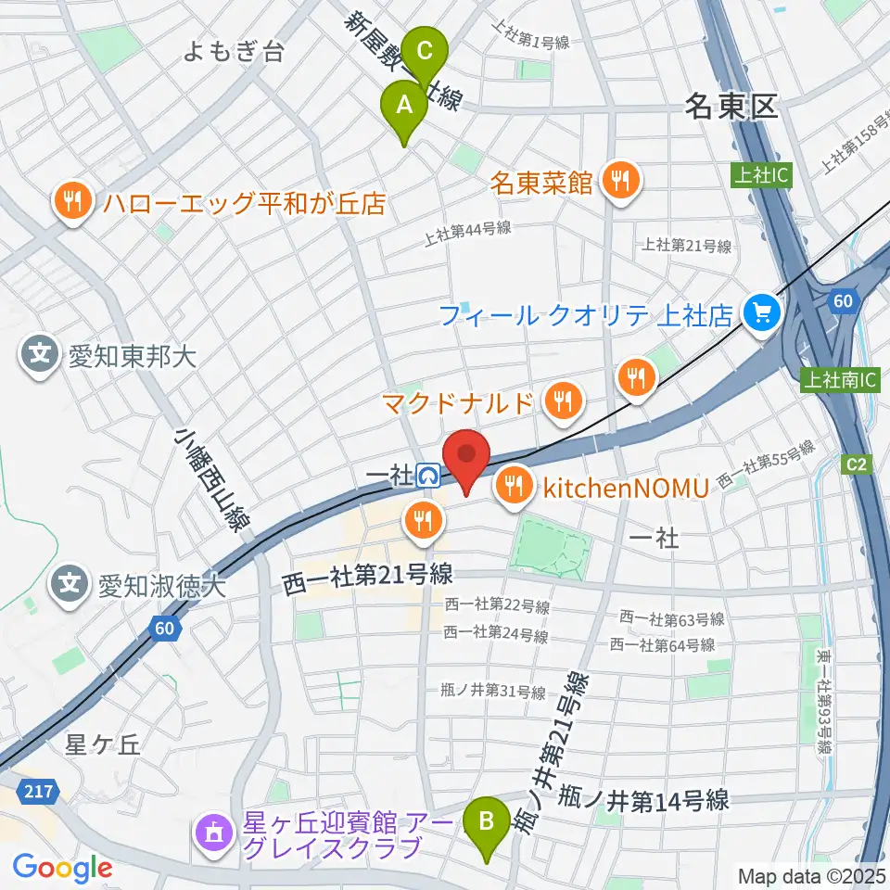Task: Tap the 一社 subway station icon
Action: click(429, 476)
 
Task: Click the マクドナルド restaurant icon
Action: click(561, 400)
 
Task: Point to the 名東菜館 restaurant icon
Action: click(619, 178)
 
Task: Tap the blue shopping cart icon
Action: click(762, 312)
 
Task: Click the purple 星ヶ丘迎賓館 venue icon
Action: click(214, 833)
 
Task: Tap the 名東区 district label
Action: click(731, 107)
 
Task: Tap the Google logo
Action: click(63, 868)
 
